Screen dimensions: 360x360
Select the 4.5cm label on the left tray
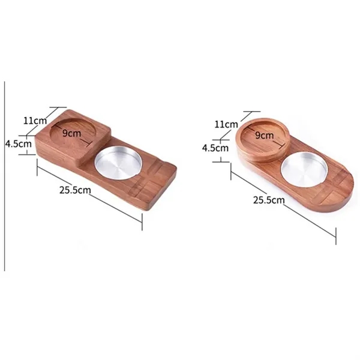click(17, 144)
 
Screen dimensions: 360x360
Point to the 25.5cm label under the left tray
click(74, 190)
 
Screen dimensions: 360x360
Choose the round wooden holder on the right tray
click(262, 140)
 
